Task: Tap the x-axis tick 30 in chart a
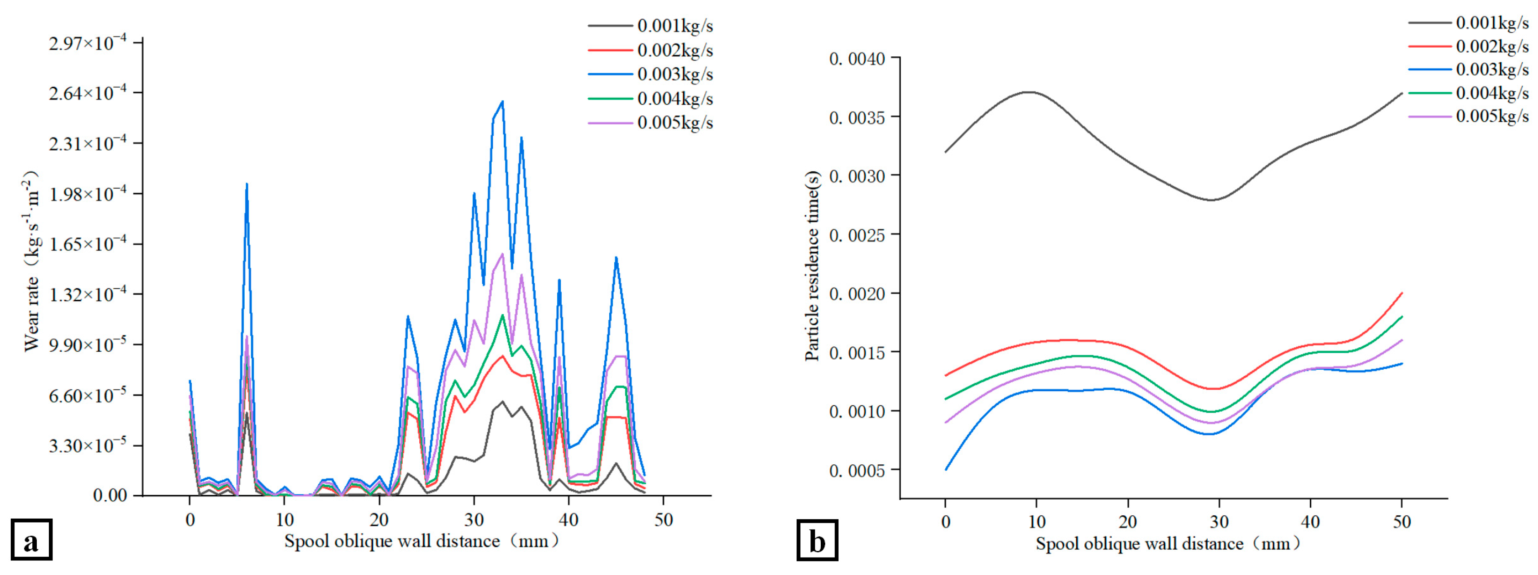474,520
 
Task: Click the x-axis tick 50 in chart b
1401,522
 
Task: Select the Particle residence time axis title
812,266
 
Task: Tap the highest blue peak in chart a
502,102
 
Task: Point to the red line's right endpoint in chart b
1401,293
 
